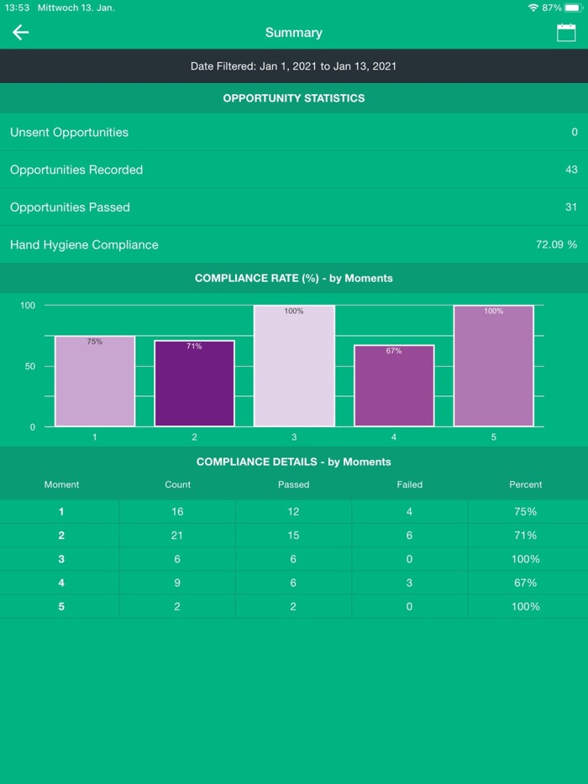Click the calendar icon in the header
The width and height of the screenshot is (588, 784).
tap(566, 33)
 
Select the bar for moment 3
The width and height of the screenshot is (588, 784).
tap(294, 366)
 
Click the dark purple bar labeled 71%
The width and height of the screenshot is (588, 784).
tap(194, 384)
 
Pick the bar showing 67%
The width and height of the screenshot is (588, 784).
tap(394, 385)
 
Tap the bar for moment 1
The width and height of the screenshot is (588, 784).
tap(95, 381)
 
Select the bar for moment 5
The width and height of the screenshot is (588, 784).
tap(493, 366)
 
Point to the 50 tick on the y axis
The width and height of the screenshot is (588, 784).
tap(29, 367)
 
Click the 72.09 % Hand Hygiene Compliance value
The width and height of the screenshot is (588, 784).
tap(556, 245)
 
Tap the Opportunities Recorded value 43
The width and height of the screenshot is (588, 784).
tap(571, 170)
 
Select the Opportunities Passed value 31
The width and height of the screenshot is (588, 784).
tap(571, 207)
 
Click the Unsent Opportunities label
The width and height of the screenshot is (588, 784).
tap(69, 133)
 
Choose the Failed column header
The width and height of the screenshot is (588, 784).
tap(409, 484)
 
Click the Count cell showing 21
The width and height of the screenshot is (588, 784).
tap(177, 536)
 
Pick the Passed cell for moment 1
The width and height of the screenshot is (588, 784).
tap(293, 511)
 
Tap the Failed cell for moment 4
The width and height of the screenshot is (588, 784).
tap(409, 583)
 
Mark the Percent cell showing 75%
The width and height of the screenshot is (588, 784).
tap(525, 511)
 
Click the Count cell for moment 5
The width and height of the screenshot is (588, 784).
tap(177, 606)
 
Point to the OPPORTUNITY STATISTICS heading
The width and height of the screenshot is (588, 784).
tap(294, 98)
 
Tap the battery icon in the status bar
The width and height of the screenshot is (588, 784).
tap(573, 8)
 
